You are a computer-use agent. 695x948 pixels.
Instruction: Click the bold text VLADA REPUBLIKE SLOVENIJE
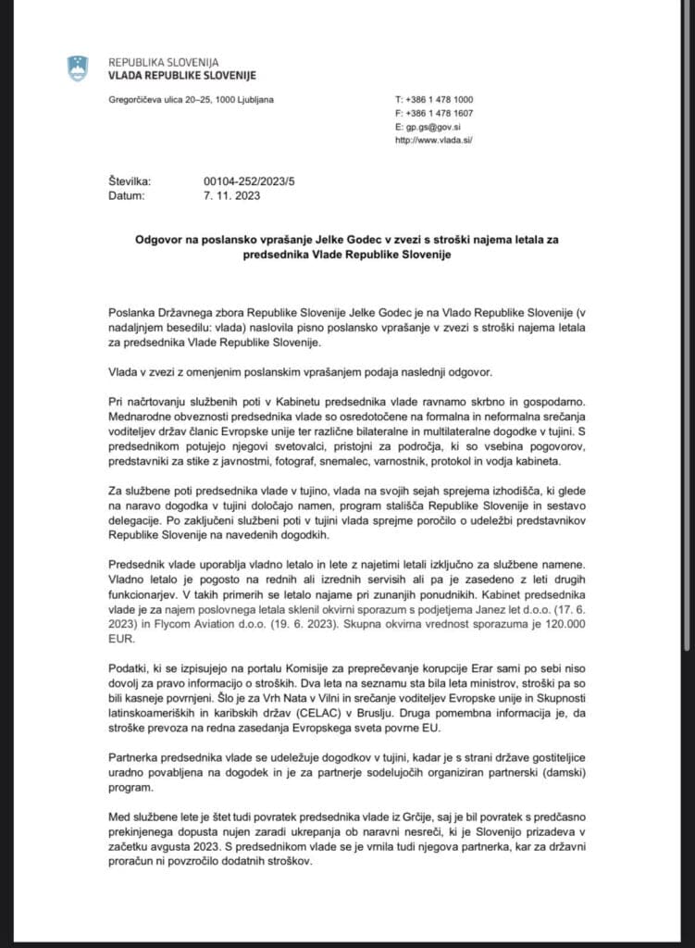click(182, 75)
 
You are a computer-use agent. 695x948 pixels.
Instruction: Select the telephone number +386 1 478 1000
click(440, 99)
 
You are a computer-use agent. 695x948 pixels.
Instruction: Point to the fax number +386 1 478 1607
click(440, 113)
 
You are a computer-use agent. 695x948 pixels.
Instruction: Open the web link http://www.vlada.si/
click(434, 140)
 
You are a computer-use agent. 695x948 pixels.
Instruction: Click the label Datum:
click(126, 196)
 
